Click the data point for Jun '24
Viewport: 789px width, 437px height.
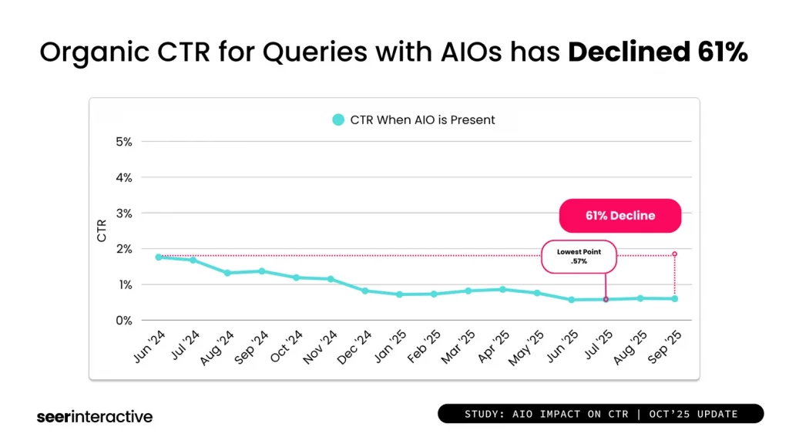(159, 257)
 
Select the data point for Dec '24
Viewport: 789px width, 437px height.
(365, 291)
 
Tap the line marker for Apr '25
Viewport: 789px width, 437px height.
(502, 289)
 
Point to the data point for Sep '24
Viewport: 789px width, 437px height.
(262, 271)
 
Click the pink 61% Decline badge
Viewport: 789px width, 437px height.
(619, 216)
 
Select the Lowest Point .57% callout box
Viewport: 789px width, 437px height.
(579, 257)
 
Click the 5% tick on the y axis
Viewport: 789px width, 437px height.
(124, 142)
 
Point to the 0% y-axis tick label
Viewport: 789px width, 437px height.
(124, 320)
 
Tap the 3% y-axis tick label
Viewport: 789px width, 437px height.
(124, 213)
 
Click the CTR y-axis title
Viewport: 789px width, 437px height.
(102, 231)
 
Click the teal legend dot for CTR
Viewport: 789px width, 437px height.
(337, 119)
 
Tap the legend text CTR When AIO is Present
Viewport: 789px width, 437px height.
(422, 119)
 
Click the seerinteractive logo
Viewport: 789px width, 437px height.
(95, 416)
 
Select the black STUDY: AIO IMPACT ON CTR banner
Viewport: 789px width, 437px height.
(600, 414)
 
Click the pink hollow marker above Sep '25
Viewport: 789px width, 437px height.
(675, 254)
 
